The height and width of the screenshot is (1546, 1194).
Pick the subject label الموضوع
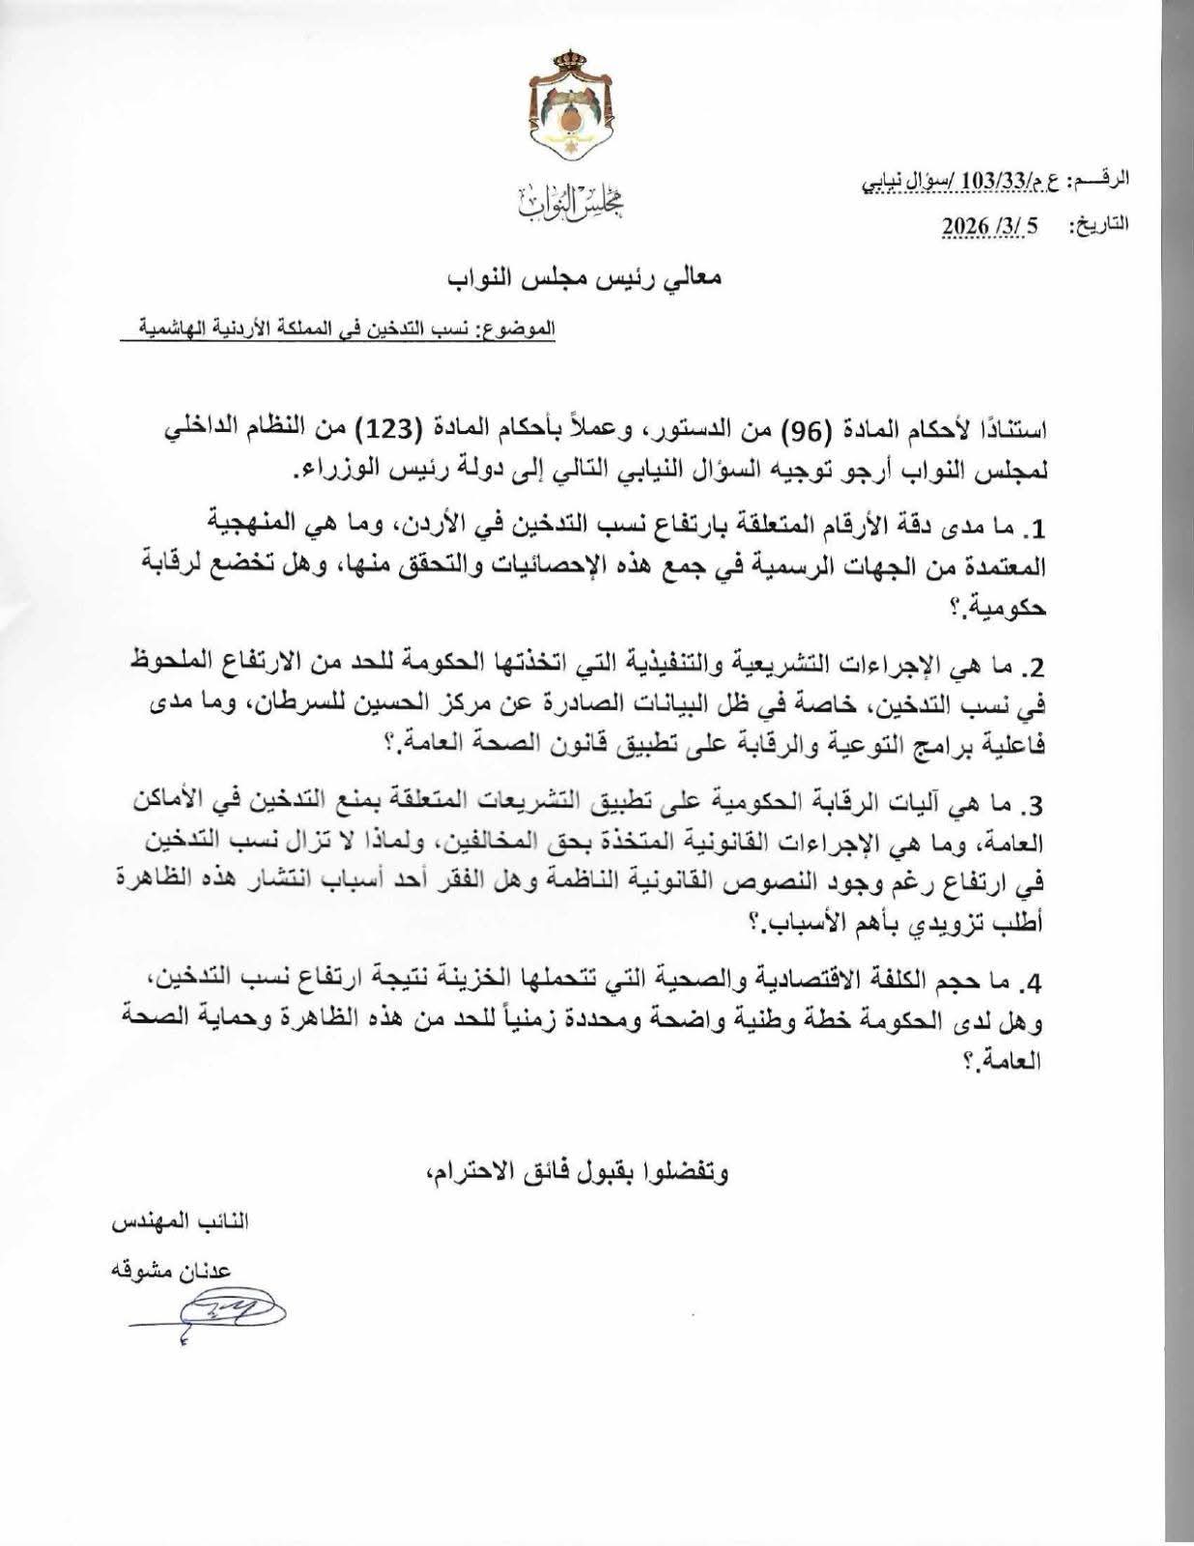(524, 328)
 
